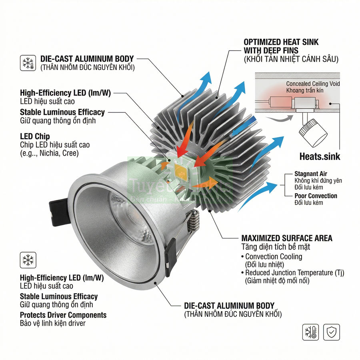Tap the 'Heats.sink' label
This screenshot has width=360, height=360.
[x=320, y=156]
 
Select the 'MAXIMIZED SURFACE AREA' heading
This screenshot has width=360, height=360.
[x=287, y=238]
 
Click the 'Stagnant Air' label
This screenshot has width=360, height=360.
[x=310, y=174]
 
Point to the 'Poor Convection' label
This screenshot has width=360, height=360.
[x=316, y=196]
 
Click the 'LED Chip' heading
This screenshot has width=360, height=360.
[x=35, y=136]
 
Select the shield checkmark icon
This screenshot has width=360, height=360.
[x=331, y=332]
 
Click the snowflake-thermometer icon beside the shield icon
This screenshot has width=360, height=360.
[x=310, y=332]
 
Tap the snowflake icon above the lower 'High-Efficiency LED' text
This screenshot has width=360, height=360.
[x=28, y=260]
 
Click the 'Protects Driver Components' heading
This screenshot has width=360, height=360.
[x=63, y=315]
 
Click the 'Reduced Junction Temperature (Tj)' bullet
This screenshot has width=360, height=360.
[x=294, y=272]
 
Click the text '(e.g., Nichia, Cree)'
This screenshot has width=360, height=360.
[x=49, y=153]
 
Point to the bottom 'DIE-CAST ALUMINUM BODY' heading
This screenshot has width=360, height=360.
[x=229, y=306]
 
